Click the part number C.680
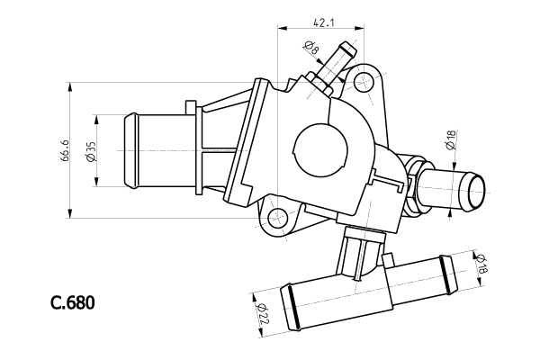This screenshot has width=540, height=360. pyautogui.click(x=72, y=303)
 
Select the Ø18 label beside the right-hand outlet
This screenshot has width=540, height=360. pyautogui.click(x=450, y=139)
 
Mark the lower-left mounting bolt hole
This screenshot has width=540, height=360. pyautogui.click(x=278, y=216)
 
